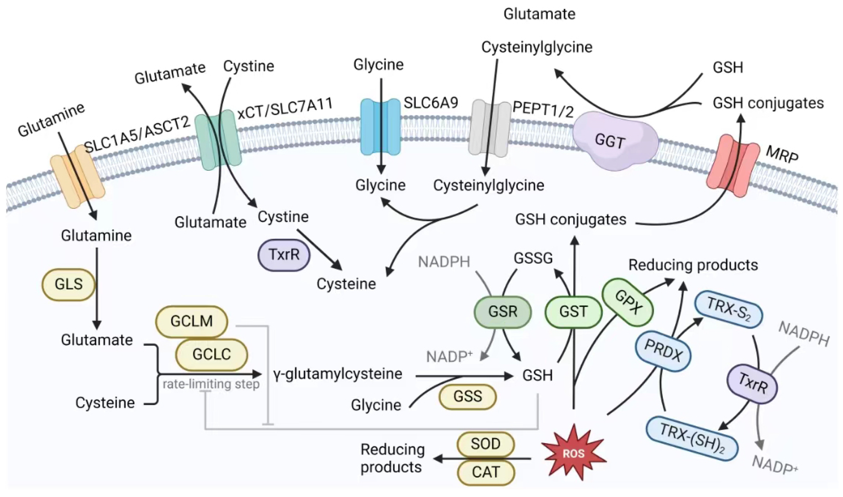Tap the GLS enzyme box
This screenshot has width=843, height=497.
tap(69, 284)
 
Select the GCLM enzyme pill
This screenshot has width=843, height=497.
tap(192, 321)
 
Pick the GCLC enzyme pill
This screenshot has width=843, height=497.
tap(211, 354)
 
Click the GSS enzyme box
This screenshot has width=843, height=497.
tap(468, 397)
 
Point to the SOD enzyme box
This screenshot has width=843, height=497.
tap(486, 444)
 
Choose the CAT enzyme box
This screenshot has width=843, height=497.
tap(486, 472)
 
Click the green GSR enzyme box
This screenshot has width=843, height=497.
tap(503, 312)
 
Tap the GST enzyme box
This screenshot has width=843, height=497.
tap(574, 312)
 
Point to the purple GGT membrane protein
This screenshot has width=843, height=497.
tap(615, 141)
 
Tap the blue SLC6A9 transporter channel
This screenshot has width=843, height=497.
tap(380, 127)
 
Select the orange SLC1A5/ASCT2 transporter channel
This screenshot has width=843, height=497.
tap(78, 176)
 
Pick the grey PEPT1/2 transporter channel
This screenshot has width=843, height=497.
tap(489, 128)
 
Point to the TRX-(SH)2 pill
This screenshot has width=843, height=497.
tap(692, 438)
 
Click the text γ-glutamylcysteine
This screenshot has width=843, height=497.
tap(338, 374)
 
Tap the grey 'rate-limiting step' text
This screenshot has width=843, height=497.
tap(211, 384)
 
